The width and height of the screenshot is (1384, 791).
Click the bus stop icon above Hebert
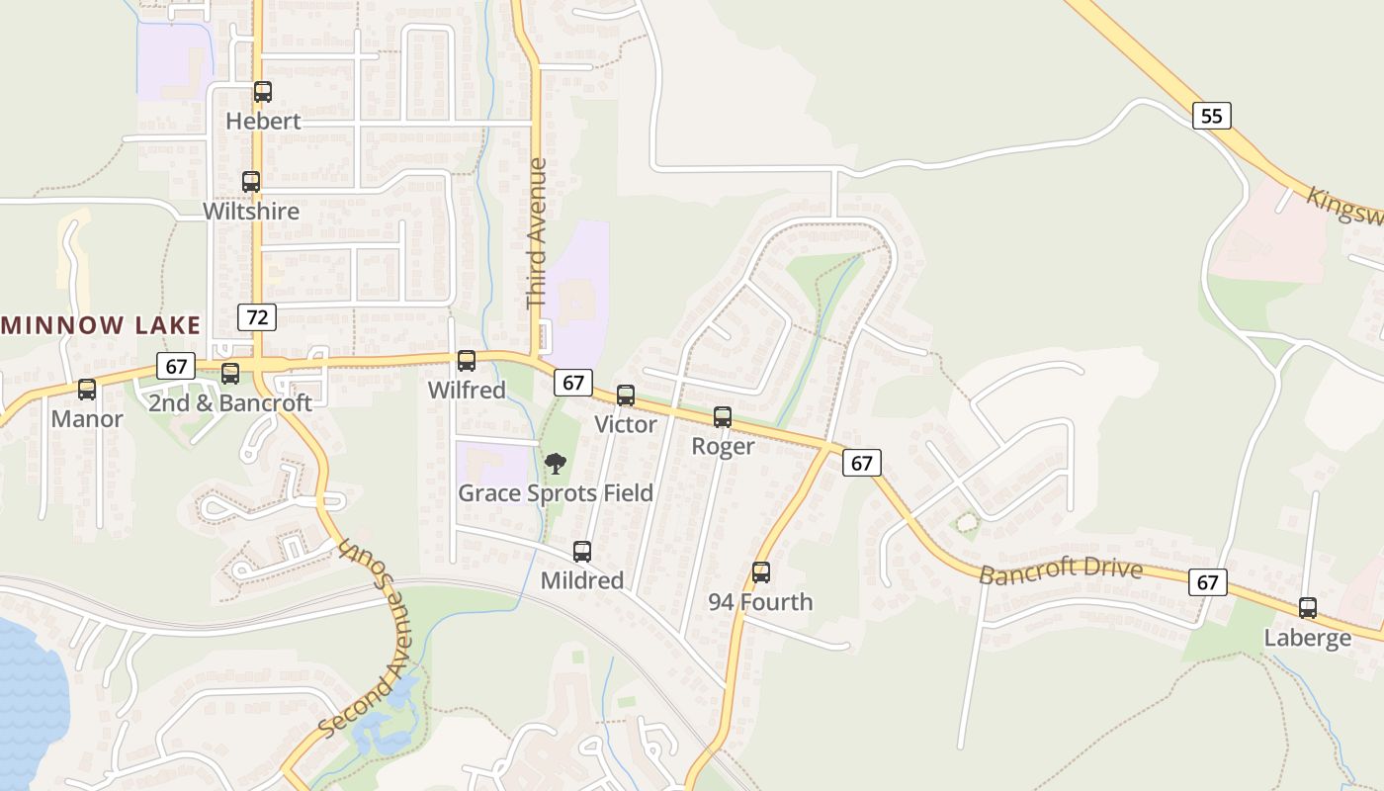(x=262, y=92)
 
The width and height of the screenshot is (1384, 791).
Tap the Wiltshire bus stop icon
(x=251, y=182)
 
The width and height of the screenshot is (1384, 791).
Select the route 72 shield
(x=257, y=317)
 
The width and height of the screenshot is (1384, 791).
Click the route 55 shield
(x=1211, y=116)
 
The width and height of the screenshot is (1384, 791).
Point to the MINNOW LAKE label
(x=102, y=325)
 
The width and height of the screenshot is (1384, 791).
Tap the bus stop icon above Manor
(x=87, y=390)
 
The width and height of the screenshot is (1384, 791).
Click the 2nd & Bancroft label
(x=229, y=402)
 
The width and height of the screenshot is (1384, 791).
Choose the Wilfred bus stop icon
(x=467, y=361)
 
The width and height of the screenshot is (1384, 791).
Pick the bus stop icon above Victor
(x=626, y=395)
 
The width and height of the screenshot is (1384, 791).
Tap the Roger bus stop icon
(x=723, y=417)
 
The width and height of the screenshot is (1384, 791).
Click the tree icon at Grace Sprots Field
(x=556, y=463)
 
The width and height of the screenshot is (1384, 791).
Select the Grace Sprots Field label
(x=556, y=492)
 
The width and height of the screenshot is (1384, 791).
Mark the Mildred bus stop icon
(x=582, y=552)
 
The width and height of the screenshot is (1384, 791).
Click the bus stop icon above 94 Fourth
(x=760, y=572)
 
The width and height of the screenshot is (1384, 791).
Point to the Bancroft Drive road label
(x=1061, y=571)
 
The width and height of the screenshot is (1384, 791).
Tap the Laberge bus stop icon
(x=1308, y=608)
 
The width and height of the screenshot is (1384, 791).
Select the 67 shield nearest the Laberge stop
(x=1208, y=582)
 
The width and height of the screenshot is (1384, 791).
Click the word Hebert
(x=263, y=122)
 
